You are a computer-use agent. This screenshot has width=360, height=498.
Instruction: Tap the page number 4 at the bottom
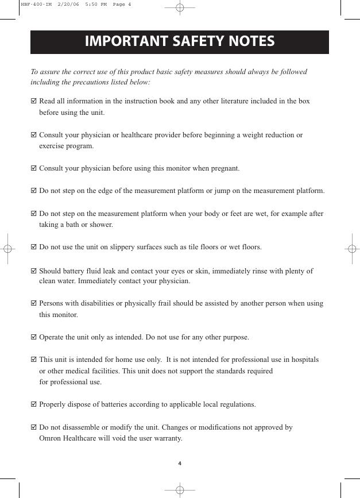point(180,464)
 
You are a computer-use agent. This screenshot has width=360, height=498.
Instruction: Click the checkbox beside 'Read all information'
point(33,101)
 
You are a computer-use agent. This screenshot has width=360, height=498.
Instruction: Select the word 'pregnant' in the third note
point(225,168)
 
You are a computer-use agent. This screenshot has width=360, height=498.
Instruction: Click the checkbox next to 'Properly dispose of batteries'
point(33,404)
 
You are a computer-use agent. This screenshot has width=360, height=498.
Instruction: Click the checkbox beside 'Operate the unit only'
point(33,337)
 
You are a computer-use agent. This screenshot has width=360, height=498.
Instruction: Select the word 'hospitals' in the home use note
point(304,360)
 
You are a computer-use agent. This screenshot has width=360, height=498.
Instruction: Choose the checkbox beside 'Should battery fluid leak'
point(33,271)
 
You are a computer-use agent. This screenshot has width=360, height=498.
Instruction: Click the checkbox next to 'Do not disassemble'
point(33,427)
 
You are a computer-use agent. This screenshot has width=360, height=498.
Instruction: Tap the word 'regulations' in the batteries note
point(237,404)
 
